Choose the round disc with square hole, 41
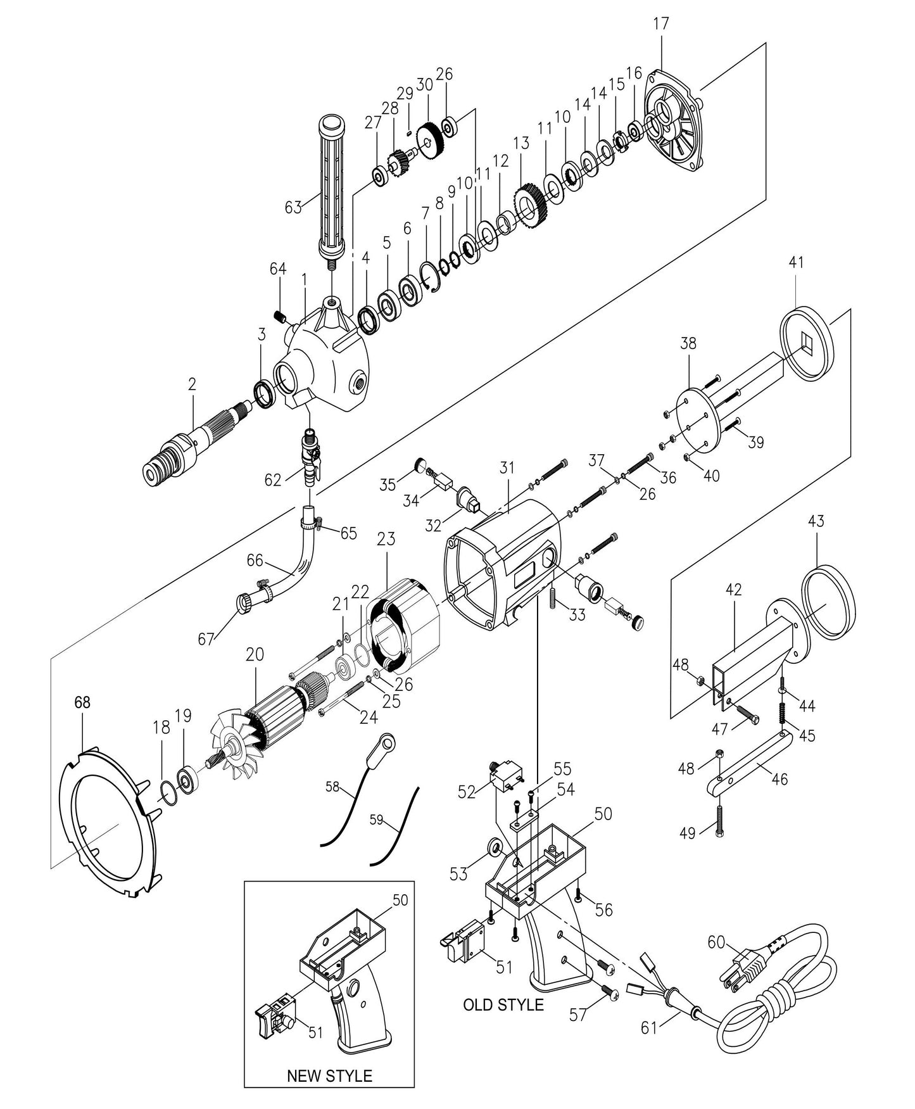tap(804, 344)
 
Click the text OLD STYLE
tap(503, 1004)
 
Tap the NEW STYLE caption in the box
tap(329, 1075)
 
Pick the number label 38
tap(688, 343)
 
